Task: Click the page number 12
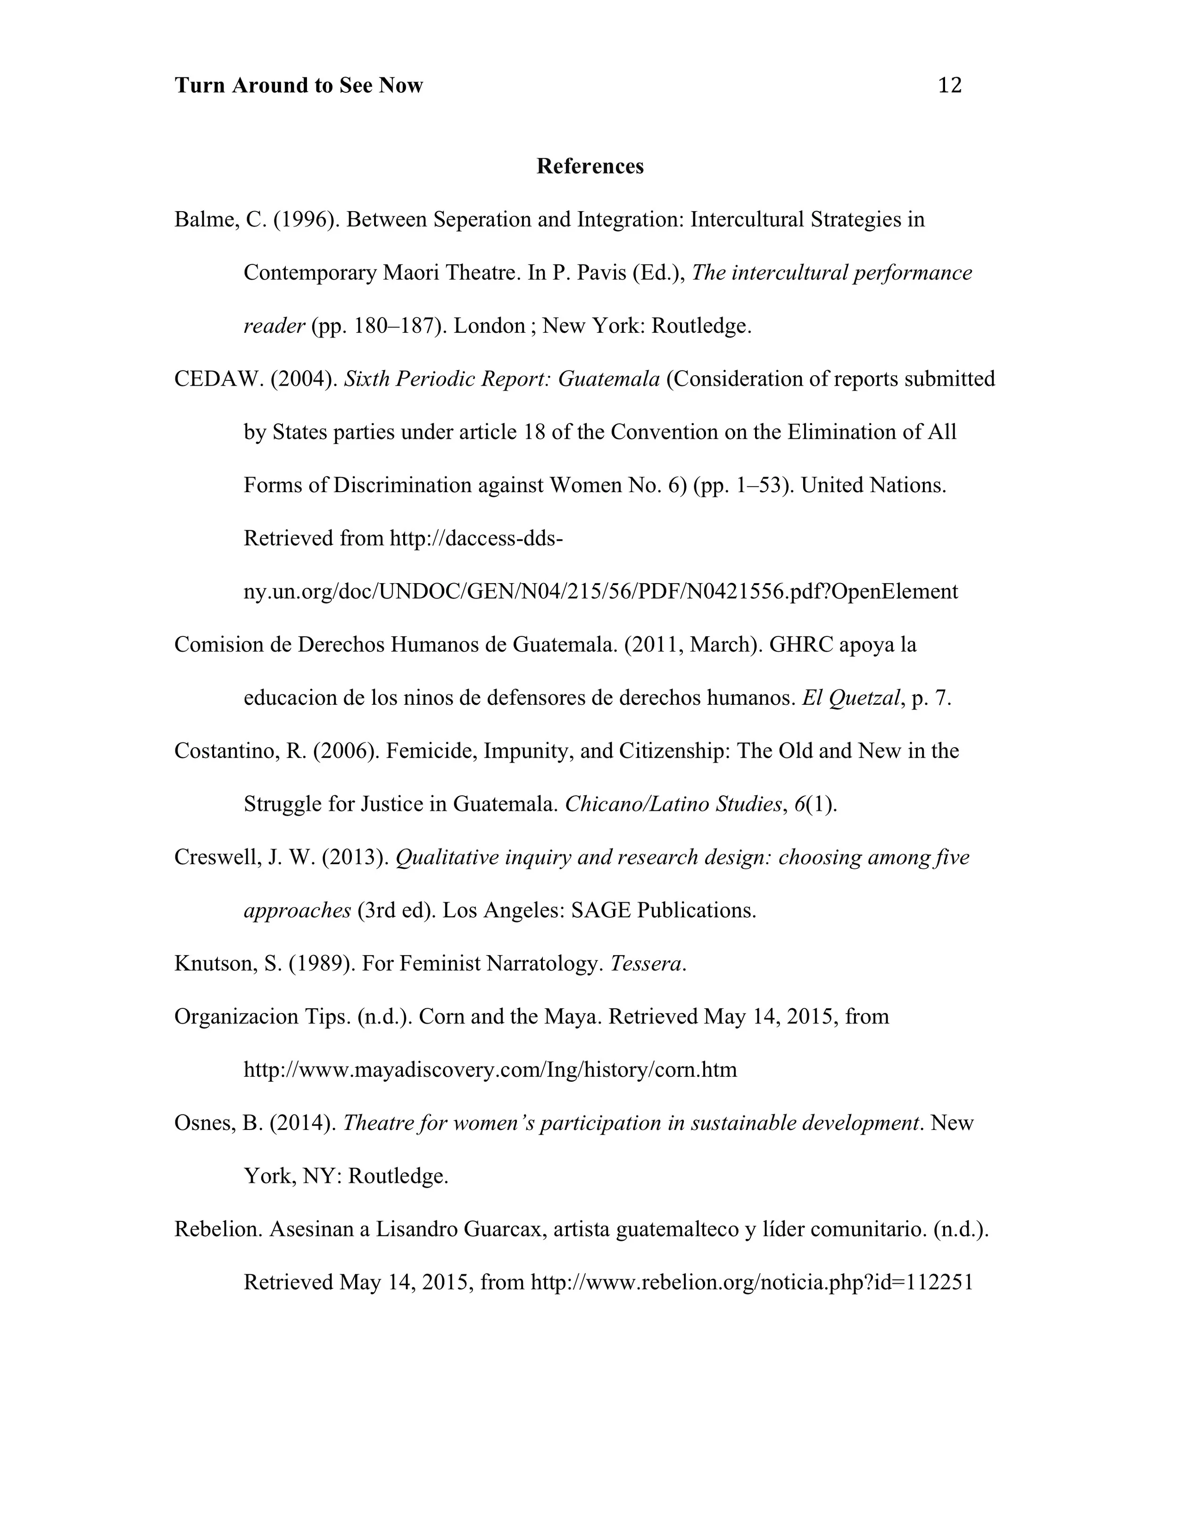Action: point(949,85)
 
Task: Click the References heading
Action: point(589,166)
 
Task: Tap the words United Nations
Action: point(873,485)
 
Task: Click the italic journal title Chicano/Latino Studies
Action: point(673,804)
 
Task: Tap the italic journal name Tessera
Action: point(645,964)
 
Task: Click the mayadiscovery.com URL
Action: point(490,1070)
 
